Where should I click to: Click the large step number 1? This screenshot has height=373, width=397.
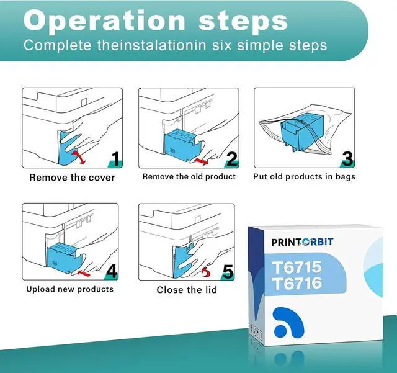click(x=116, y=159)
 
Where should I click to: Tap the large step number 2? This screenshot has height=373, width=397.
click(x=231, y=159)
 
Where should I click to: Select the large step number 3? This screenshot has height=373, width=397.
click(x=347, y=159)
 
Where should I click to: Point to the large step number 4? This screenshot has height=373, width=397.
click(x=112, y=271)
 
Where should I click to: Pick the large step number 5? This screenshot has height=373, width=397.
click(x=228, y=272)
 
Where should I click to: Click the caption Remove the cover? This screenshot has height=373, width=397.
click(x=72, y=178)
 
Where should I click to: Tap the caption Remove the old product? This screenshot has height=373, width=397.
click(x=189, y=176)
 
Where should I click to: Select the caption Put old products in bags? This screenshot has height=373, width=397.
click(x=305, y=176)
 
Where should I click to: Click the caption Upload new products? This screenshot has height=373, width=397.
click(x=70, y=289)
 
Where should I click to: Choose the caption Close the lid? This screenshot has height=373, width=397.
click(x=187, y=290)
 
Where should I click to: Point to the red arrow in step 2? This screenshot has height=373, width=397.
click(x=201, y=161)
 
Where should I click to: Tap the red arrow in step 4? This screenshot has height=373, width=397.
click(x=84, y=273)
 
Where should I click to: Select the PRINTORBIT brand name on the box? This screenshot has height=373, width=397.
click(x=302, y=242)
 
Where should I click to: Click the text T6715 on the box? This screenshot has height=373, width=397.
click(x=297, y=267)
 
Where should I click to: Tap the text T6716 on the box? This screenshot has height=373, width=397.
click(x=297, y=283)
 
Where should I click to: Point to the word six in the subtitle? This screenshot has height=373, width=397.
click(x=222, y=45)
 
